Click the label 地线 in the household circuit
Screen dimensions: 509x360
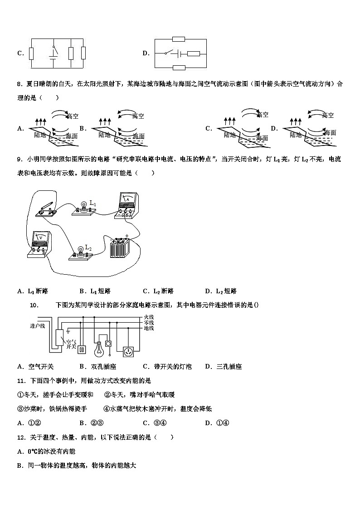(x=149, y=328)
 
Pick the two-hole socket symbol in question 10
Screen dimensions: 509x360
(x=82, y=349)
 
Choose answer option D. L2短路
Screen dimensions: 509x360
(x=221, y=291)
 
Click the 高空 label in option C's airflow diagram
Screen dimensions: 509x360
(x=262, y=115)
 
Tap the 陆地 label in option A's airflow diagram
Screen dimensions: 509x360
(x=40, y=135)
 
